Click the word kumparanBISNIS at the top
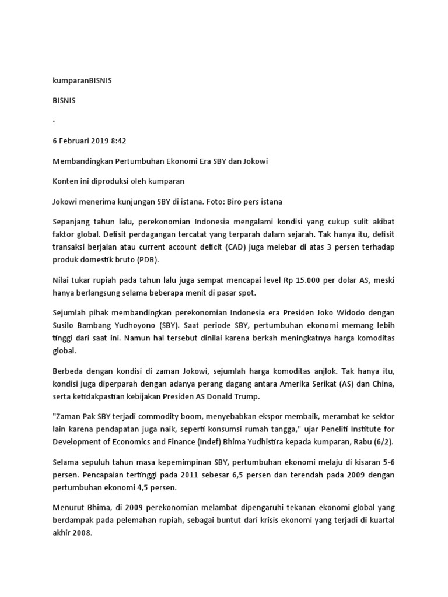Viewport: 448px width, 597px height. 82,81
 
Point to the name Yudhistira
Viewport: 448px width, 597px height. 272,444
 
